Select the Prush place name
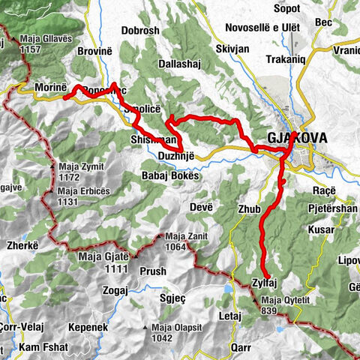[153, 271]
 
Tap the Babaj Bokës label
[171, 175]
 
